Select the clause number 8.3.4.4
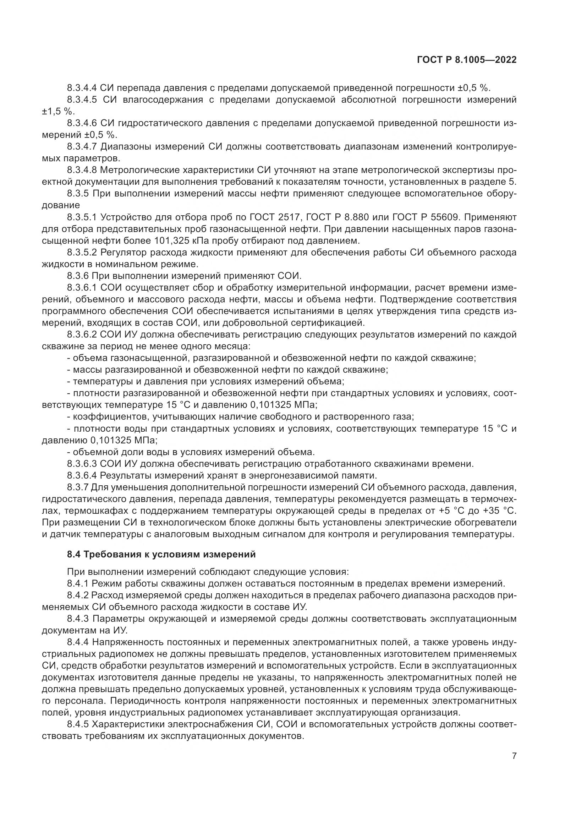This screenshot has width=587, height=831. point(82,88)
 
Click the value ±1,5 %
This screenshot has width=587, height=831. point(58,112)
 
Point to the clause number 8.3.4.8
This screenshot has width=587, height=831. point(82,170)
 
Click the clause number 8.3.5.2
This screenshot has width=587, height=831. point(82,252)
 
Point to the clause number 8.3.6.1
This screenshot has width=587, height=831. point(82,288)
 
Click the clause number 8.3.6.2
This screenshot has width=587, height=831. point(82,334)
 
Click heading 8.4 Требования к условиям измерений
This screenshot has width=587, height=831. point(161,555)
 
